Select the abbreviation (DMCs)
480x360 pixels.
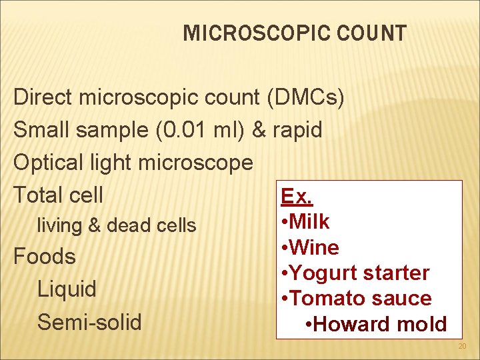pyautogui.click(x=305, y=98)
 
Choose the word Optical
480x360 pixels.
pyautogui.click(x=48, y=163)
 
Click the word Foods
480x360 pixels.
pyautogui.click(x=45, y=257)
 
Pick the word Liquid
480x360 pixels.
pyautogui.click(x=67, y=289)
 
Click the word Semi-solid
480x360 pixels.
pyautogui.click(x=89, y=323)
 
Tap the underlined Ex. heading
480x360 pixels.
pyautogui.click(x=297, y=196)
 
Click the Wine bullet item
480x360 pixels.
pyautogui.click(x=313, y=247)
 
